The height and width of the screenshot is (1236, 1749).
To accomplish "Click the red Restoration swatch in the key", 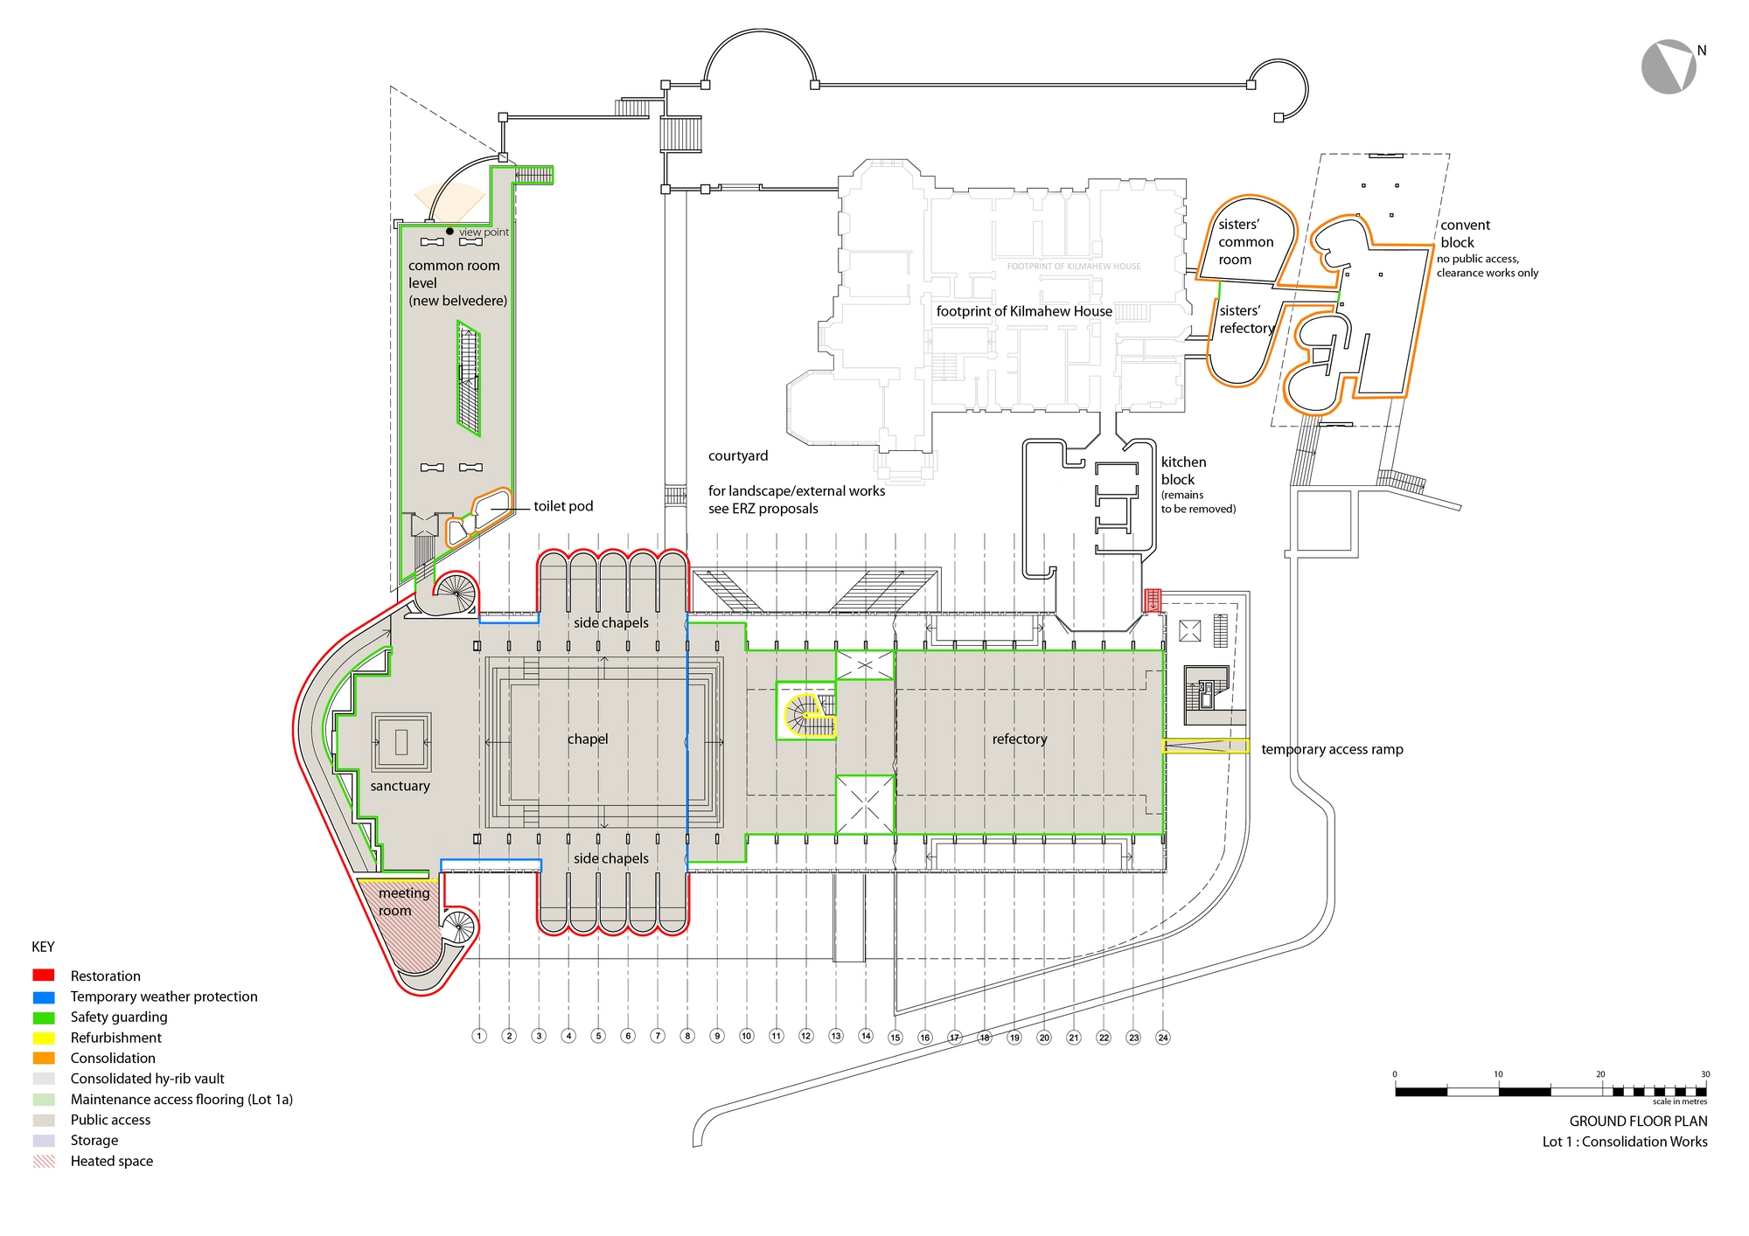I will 44,976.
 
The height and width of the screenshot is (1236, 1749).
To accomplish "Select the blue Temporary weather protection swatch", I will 44,996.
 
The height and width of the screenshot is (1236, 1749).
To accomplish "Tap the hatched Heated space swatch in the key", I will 44,1161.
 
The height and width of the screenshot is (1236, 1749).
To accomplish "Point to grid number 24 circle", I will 1163,1038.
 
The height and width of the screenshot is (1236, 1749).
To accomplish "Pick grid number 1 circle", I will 479,1036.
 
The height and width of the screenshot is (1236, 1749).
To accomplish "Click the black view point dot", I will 450,232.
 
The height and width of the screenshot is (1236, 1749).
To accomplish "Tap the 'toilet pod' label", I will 563,506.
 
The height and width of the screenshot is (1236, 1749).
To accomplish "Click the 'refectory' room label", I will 1019,739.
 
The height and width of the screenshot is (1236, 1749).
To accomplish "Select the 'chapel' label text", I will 588,739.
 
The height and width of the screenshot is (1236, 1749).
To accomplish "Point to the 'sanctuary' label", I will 400,786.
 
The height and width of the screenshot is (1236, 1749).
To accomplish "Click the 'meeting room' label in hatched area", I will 403,901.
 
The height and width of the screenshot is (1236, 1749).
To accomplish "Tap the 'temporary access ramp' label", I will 1332,749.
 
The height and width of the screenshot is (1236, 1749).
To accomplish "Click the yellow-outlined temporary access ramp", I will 1205,746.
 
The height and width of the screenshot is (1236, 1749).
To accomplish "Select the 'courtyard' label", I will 738,455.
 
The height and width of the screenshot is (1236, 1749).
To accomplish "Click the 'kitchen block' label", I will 1183,470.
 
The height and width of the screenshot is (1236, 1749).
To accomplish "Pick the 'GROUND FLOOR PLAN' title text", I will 1638,1121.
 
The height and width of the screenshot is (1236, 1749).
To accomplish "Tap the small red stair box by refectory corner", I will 1153,601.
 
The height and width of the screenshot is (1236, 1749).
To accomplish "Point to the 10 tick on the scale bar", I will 1499,1073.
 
